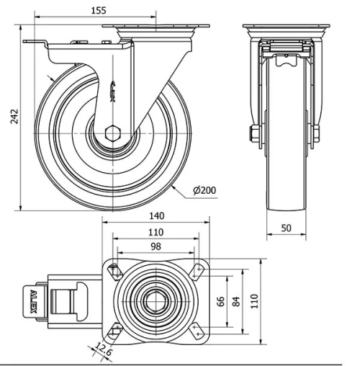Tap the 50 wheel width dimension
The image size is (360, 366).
[x=286, y=228]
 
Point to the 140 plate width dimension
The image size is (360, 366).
[x=157, y=215]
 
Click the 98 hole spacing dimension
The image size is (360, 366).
[x=156, y=247]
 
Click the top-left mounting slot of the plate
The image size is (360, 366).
[x=114, y=271]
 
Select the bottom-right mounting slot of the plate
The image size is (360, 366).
[x=198, y=330]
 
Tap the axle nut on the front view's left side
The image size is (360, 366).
[x=253, y=133]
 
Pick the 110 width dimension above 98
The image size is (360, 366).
[x=156, y=232]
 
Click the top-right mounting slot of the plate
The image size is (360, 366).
[x=198, y=271]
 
